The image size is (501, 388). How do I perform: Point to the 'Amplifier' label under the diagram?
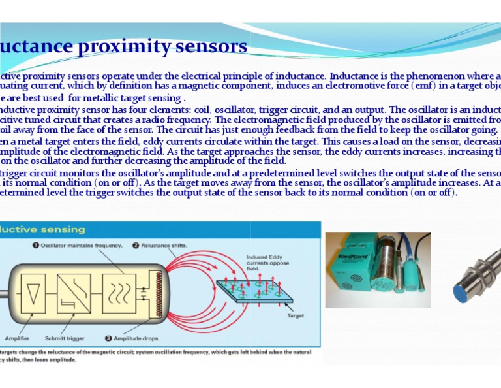click(17, 338)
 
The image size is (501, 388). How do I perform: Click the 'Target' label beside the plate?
click(295, 315)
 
